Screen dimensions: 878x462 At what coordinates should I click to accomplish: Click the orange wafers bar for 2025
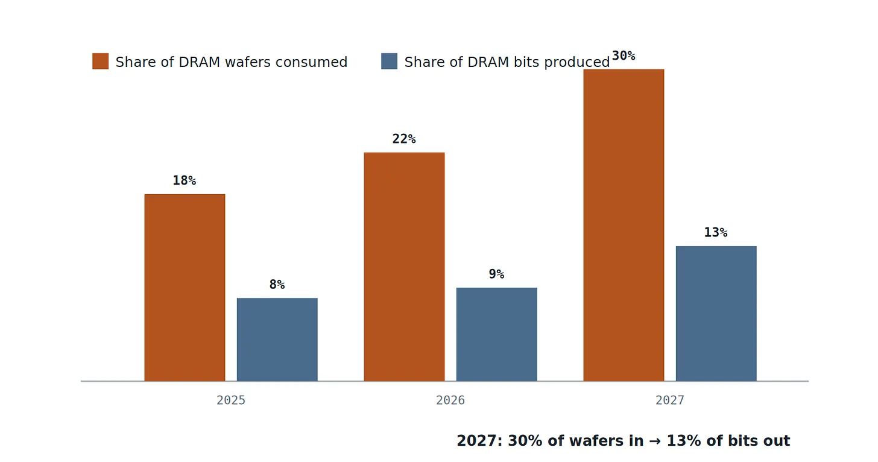[185, 288]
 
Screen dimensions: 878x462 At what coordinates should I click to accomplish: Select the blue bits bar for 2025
[277, 340]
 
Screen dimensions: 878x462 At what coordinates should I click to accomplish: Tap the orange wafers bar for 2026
[404, 267]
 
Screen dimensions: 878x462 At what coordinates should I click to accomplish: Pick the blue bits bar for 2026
[497, 334]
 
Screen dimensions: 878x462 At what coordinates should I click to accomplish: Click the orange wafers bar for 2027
[624, 225]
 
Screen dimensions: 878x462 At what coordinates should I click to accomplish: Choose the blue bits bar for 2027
[716, 314]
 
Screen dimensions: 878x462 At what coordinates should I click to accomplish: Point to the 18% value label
[185, 180]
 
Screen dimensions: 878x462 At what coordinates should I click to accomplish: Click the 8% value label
[277, 284]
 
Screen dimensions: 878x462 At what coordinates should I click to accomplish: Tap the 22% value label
[404, 139]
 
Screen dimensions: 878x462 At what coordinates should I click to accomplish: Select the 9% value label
[497, 274]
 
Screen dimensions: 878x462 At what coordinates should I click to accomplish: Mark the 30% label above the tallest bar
[624, 55]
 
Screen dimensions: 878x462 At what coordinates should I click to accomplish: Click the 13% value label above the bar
[716, 233]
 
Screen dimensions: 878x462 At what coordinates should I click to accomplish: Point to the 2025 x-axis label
[231, 400]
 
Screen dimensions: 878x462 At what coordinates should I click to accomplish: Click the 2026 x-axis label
[450, 400]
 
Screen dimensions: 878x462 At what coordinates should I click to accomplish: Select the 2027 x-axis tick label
[670, 400]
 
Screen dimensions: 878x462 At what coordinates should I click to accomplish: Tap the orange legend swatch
[100, 61]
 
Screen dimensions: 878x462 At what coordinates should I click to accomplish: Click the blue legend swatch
[389, 61]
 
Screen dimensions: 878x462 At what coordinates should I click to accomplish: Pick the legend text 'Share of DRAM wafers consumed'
[232, 62]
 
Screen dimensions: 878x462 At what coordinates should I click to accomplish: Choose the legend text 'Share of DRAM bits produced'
[507, 62]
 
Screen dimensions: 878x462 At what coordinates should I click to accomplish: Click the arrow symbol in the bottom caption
[655, 441]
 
